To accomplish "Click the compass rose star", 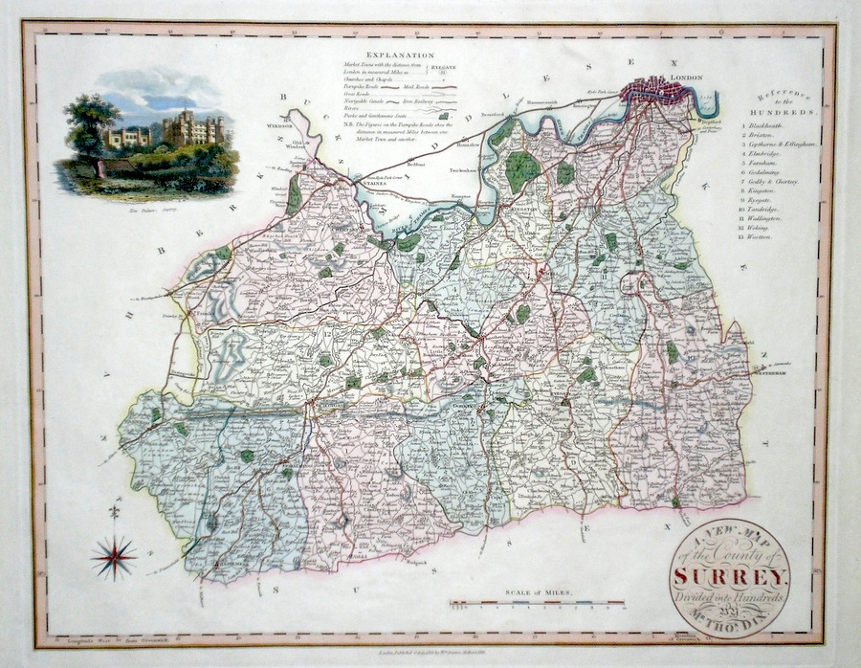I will click(x=114, y=556).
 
